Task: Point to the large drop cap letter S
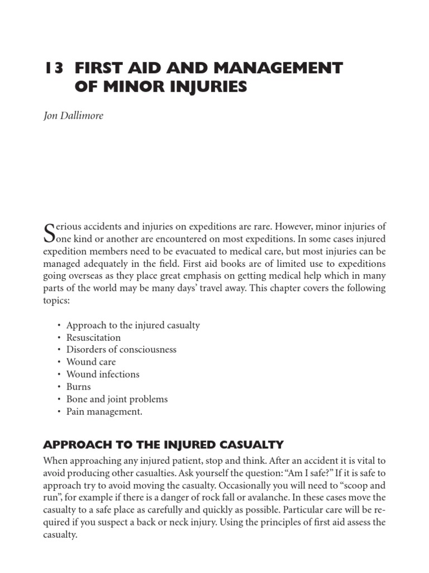point(48,232)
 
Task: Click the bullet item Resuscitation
point(93,337)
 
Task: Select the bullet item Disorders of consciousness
point(121,350)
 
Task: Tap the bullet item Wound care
point(91,362)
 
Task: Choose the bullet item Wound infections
point(103,374)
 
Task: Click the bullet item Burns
point(78,387)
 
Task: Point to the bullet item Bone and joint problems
point(117,399)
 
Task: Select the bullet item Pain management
point(104,411)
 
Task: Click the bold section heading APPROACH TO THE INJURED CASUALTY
point(164,445)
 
